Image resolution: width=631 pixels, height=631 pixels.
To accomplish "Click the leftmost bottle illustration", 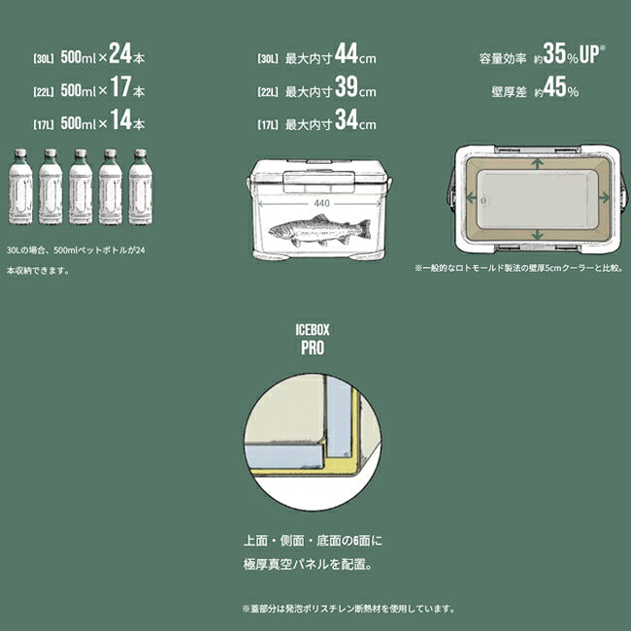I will click(19, 186).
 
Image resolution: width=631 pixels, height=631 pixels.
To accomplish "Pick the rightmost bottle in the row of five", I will click(141, 186).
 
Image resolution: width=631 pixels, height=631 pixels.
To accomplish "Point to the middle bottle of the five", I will click(81, 186).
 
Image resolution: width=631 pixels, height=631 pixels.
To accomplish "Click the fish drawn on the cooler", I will click(318, 231).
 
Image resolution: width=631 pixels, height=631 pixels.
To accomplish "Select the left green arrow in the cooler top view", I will click(475, 198).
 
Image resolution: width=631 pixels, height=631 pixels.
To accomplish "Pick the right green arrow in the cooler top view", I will click(604, 198).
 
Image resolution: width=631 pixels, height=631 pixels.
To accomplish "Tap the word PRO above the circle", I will click(315, 346).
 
